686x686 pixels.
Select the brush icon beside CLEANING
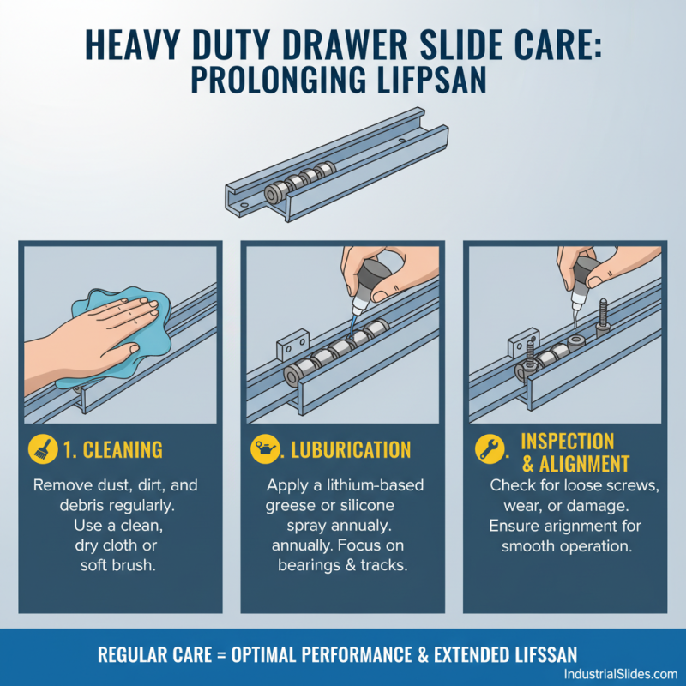[41, 449]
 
